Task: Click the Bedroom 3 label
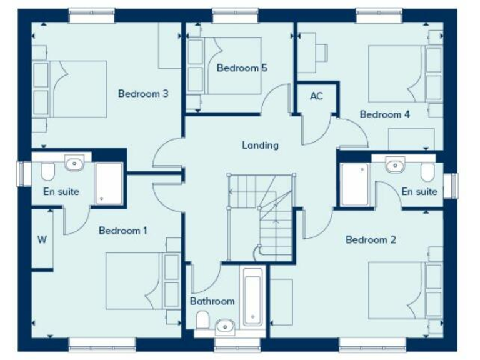pyautogui.click(x=143, y=94)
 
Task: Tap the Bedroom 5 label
pyautogui.click(x=242, y=68)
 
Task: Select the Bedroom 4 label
pyautogui.click(x=385, y=114)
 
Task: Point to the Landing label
pyautogui.click(x=261, y=146)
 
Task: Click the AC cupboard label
pyautogui.click(x=316, y=96)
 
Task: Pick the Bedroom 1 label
pyautogui.click(x=123, y=231)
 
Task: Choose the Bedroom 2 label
pyautogui.click(x=371, y=239)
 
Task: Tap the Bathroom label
pyautogui.click(x=212, y=301)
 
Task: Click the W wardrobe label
pyautogui.click(x=42, y=239)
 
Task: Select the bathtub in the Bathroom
pyautogui.click(x=252, y=297)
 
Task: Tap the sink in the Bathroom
pyautogui.click(x=225, y=325)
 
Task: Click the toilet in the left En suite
pyautogui.click(x=48, y=169)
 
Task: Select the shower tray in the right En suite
pyautogui.click(x=355, y=184)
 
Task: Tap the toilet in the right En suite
pyautogui.click(x=427, y=171)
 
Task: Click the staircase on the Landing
pyautogui.click(x=261, y=216)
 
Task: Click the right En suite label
pyautogui.click(x=419, y=192)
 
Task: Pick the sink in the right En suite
pyautogui.click(x=395, y=166)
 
